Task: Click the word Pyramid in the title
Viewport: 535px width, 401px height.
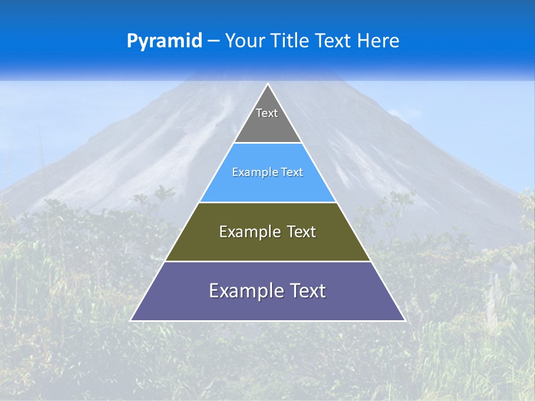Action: (164, 41)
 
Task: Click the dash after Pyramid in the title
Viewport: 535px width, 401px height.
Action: (213, 41)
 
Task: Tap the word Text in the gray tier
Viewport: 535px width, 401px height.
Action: (267, 113)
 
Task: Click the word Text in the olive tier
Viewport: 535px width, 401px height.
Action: (301, 232)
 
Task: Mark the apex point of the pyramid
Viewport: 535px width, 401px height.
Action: (268, 84)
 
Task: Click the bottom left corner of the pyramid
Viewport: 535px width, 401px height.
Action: (131, 320)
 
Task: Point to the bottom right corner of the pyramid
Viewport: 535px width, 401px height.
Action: (405, 320)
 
